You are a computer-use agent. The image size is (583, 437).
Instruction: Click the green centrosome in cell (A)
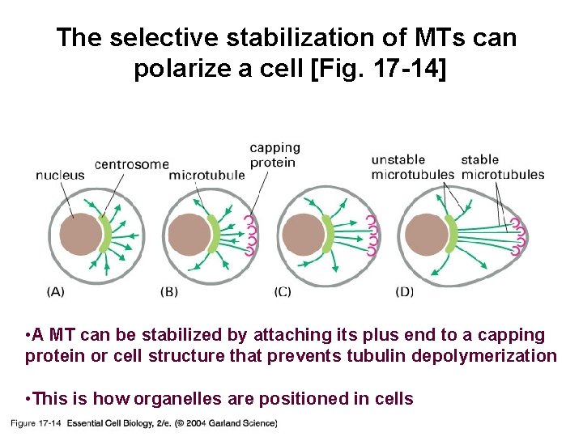click(105, 234)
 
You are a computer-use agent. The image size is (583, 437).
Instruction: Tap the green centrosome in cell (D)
click(450, 234)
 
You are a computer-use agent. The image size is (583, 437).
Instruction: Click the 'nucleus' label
click(60, 175)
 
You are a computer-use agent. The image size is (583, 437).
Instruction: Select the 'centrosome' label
click(131, 163)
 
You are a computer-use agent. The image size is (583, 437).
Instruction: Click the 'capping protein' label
click(274, 155)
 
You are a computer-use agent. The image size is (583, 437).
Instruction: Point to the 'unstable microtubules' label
click(412, 167)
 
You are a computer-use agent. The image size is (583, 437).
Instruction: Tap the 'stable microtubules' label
click(502, 167)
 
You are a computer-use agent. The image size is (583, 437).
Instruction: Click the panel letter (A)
click(56, 291)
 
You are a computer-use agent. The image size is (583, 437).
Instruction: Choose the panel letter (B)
click(169, 291)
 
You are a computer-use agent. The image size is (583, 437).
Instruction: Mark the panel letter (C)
click(283, 291)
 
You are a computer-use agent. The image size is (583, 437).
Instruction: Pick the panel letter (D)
click(404, 291)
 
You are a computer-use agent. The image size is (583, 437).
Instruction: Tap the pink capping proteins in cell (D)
click(521, 235)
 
